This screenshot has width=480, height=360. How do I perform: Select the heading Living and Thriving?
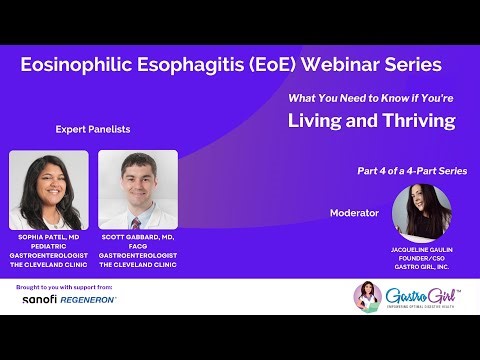(371, 121)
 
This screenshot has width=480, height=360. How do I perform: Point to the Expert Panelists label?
(92, 130)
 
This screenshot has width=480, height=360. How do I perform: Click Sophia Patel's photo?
(48, 190)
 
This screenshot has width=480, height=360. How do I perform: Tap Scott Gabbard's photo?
(137, 190)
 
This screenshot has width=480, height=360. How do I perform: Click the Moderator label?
(354, 213)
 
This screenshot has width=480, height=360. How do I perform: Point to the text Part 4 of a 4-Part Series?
(411, 171)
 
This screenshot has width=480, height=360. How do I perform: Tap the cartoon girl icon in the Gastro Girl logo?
(371, 296)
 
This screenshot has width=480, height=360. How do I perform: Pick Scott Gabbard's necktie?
(137, 222)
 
